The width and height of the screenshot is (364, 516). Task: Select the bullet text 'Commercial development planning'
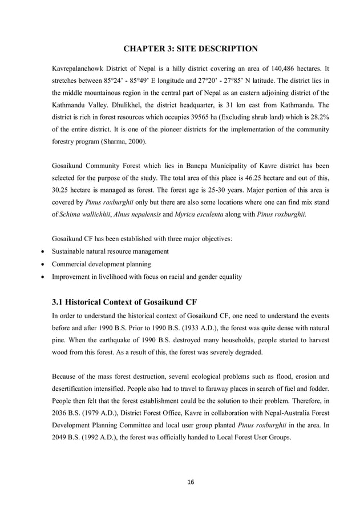coord(101,264)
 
